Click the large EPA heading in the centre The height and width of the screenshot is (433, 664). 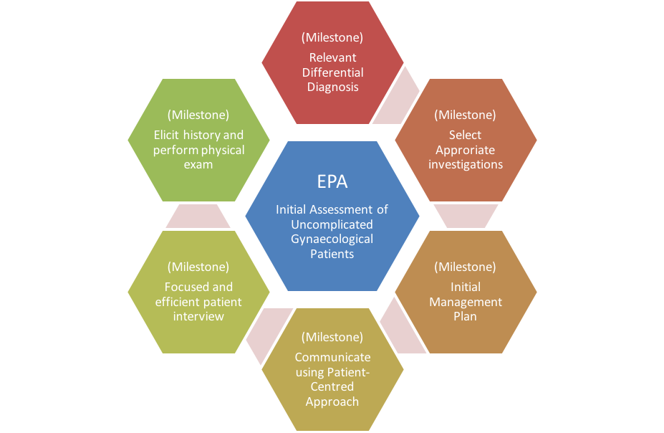[x=332, y=182]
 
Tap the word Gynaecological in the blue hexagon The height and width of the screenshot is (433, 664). [x=332, y=239]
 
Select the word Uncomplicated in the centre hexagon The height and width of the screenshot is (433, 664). [x=332, y=224]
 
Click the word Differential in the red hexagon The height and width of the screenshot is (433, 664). [x=333, y=72]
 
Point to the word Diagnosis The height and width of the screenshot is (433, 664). [x=333, y=87]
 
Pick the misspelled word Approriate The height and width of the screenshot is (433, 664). [x=466, y=151]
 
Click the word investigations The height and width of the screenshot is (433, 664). [x=466, y=164]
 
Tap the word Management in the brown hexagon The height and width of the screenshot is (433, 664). [x=466, y=302]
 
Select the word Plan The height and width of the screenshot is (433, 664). [x=465, y=316]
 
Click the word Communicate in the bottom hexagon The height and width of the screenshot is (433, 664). [x=333, y=358]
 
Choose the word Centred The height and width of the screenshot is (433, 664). [x=332, y=387]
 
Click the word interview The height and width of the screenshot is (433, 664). [x=198, y=316]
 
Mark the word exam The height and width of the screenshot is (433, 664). [x=198, y=164]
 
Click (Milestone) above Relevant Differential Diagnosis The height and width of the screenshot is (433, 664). [x=332, y=38]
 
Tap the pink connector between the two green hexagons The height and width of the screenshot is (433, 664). [x=198, y=216]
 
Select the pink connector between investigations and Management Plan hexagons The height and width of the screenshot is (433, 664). [x=466, y=216]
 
